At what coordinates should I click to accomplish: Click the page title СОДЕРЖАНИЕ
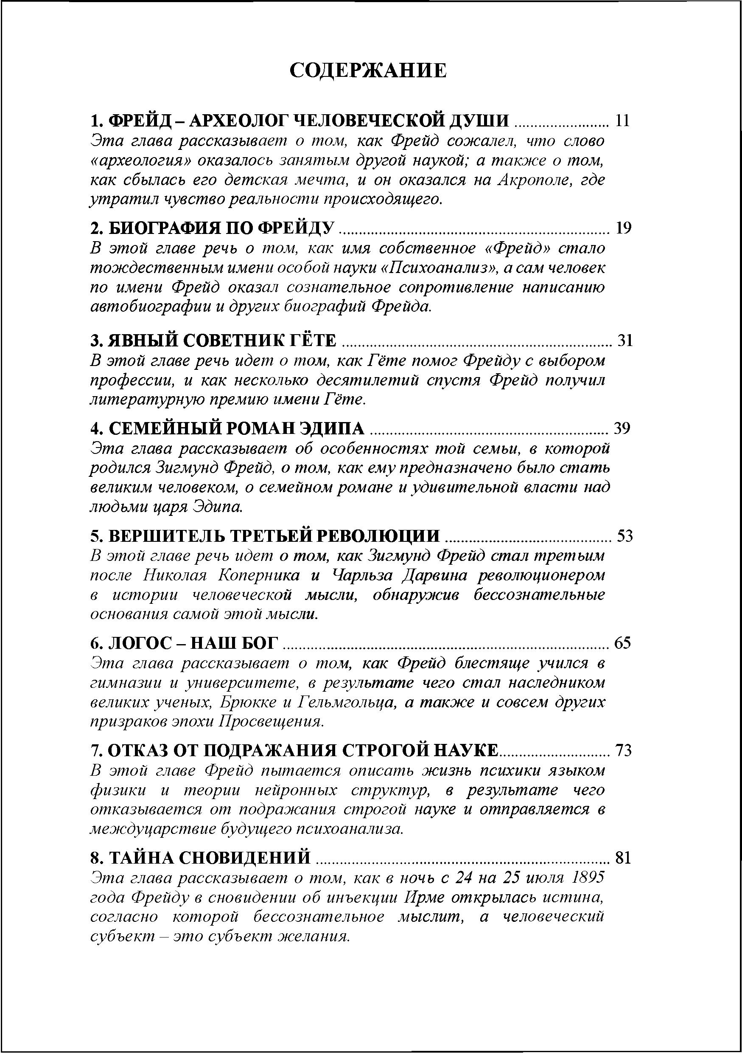pos(369,70)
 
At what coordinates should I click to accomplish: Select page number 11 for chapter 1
pos(622,121)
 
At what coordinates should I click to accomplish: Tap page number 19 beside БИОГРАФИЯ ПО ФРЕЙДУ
pos(623,228)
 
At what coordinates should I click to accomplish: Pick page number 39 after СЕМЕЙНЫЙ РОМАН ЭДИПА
pos(622,428)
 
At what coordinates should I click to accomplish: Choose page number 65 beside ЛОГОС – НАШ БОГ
pos(623,642)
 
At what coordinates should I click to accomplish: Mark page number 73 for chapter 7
pos(623,750)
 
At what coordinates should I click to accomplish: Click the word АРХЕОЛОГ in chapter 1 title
pos(238,121)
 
